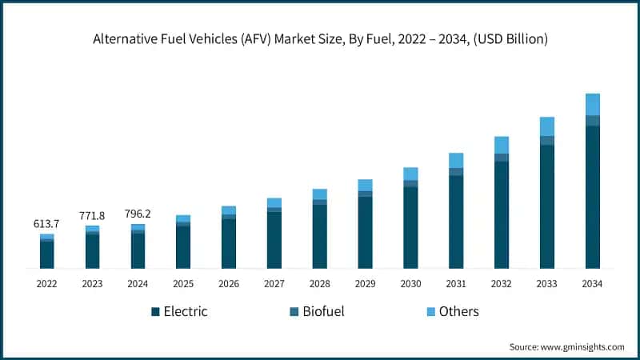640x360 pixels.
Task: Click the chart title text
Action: [x=320, y=38]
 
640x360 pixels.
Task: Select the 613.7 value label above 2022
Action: [x=46, y=224]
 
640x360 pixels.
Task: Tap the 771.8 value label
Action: [x=92, y=216]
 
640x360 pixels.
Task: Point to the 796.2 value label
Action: [x=138, y=214]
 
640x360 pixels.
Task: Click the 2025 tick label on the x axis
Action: [x=183, y=284]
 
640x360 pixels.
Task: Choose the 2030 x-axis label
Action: [x=410, y=284]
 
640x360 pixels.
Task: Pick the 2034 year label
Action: [x=592, y=284]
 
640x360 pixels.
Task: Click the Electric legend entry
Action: [x=185, y=311]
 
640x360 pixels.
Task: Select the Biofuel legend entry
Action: [x=323, y=311]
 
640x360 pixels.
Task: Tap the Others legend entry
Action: [x=458, y=311]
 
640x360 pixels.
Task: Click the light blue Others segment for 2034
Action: [x=592, y=104]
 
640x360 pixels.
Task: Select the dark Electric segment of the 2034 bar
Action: [x=592, y=196]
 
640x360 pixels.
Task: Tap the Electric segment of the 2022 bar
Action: [x=46, y=254]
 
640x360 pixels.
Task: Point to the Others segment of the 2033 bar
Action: [x=546, y=126]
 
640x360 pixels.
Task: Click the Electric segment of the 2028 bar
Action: [x=319, y=236]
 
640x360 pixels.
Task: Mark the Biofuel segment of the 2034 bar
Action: [x=592, y=121]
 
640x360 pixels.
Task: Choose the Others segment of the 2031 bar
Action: [x=456, y=160]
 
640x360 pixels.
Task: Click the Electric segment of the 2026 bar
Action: [x=229, y=243]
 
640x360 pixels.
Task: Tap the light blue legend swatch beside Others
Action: [x=432, y=311]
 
